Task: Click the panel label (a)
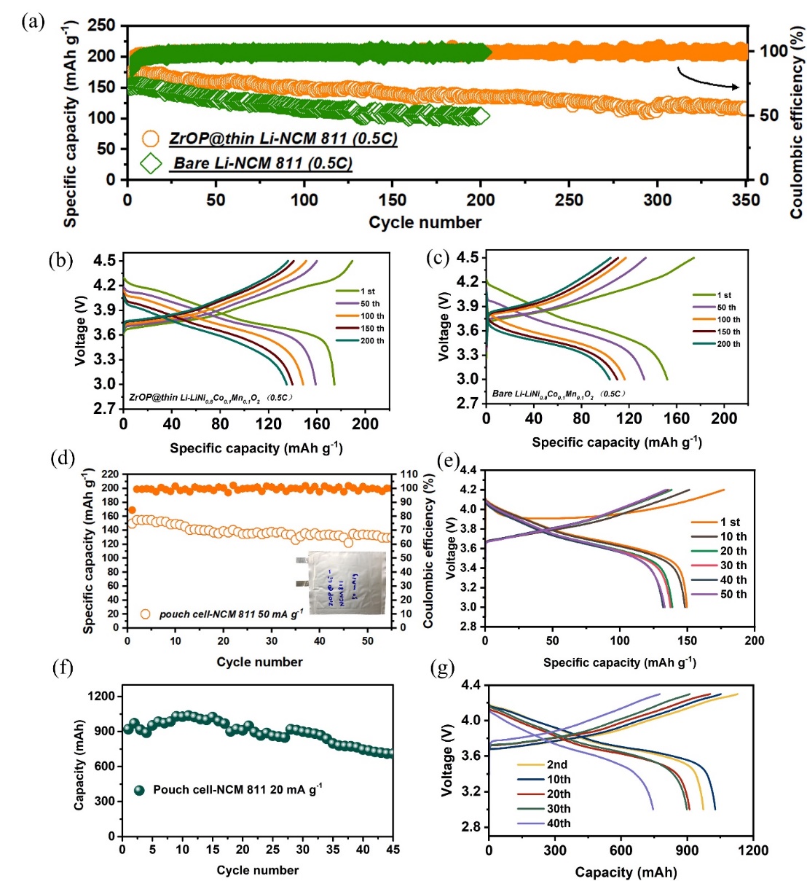pyautogui.click(x=34, y=21)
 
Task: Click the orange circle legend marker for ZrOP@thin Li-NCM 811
pyautogui.click(x=151, y=138)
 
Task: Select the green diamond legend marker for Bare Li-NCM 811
pyautogui.click(x=151, y=163)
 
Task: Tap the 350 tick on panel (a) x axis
pyautogui.click(x=745, y=200)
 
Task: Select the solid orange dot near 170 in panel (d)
pyautogui.click(x=132, y=510)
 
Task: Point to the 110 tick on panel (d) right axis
pyautogui.click(x=409, y=474)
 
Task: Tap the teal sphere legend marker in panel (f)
pyautogui.click(x=140, y=790)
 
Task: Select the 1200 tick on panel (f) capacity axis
pyautogui.click(x=101, y=696)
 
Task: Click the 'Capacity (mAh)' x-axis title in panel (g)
pyautogui.click(x=626, y=872)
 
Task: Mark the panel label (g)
pyautogui.click(x=443, y=667)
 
